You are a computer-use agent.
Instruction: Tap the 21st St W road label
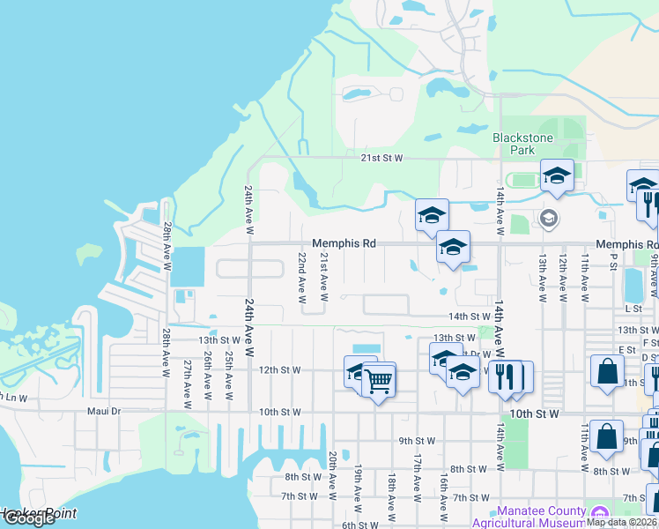381,158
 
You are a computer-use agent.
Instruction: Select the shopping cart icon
378,382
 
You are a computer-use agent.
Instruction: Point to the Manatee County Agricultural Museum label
541,517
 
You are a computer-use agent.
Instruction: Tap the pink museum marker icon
600,513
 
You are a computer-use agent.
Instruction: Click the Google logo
28,518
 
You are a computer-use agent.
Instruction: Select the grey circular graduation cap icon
548,218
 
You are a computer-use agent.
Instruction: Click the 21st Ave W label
323,275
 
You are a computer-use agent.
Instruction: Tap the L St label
633,309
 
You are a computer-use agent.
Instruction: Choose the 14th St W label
469,316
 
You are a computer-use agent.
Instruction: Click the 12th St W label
280,370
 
